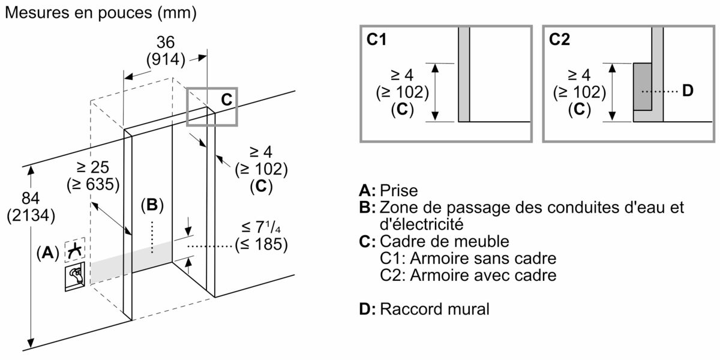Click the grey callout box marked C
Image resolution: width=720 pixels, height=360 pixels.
pos(212,106)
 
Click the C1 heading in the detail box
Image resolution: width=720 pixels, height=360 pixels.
pos(377,40)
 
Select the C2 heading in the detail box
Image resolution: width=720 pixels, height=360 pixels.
pos(559,40)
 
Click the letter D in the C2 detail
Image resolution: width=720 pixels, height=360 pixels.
pos(688,91)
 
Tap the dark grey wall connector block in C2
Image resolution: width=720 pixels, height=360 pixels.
pos(643,86)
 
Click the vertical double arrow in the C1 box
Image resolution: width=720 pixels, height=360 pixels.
pos(437,91)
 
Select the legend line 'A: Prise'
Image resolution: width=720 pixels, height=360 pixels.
pos(388,191)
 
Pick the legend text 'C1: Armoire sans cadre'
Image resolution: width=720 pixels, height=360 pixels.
pos(468,259)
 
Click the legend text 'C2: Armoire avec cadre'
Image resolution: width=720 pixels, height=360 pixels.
pos(468,276)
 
